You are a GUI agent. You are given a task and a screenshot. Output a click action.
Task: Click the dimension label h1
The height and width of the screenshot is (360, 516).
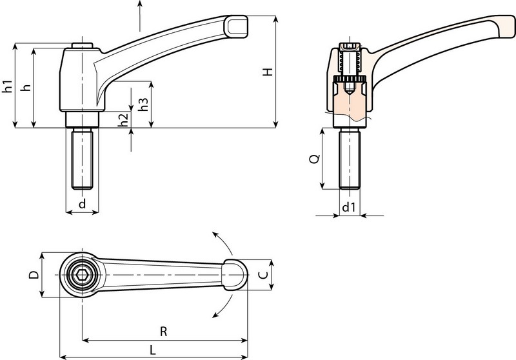pos(7,86)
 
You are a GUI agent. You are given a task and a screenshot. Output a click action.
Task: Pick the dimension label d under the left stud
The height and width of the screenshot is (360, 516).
pos(82,205)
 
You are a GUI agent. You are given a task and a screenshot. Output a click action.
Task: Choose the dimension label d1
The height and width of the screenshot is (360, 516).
pos(348,207)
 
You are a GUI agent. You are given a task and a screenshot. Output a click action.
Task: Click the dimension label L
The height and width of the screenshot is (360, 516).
pos(152,349)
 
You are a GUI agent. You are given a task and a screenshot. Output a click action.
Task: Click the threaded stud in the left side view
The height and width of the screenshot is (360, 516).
pos(82,158)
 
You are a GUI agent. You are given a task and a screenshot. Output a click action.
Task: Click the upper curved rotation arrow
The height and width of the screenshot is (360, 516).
pos(223,243)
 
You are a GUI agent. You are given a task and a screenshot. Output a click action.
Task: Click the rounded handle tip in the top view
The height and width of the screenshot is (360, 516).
pos(236,274)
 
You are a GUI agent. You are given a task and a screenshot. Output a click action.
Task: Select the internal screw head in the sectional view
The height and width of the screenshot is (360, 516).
pos(349,49)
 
